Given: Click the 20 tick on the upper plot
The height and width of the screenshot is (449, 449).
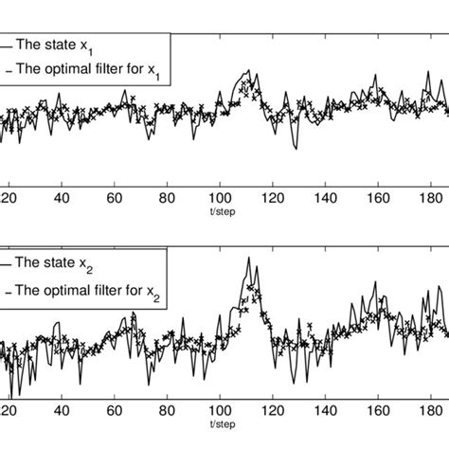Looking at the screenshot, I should [x=9, y=199].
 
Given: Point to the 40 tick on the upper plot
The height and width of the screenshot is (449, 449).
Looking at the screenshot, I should [x=63, y=199].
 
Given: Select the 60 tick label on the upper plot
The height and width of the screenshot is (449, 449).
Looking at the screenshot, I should [x=115, y=199].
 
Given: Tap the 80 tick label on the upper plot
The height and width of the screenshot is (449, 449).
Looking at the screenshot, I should [x=168, y=199].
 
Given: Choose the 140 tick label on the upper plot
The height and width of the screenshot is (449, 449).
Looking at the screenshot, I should [x=325, y=199].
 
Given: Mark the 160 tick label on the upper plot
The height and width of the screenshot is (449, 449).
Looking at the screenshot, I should [x=378, y=199].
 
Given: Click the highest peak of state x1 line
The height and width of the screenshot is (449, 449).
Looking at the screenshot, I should [x=246, y=71].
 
